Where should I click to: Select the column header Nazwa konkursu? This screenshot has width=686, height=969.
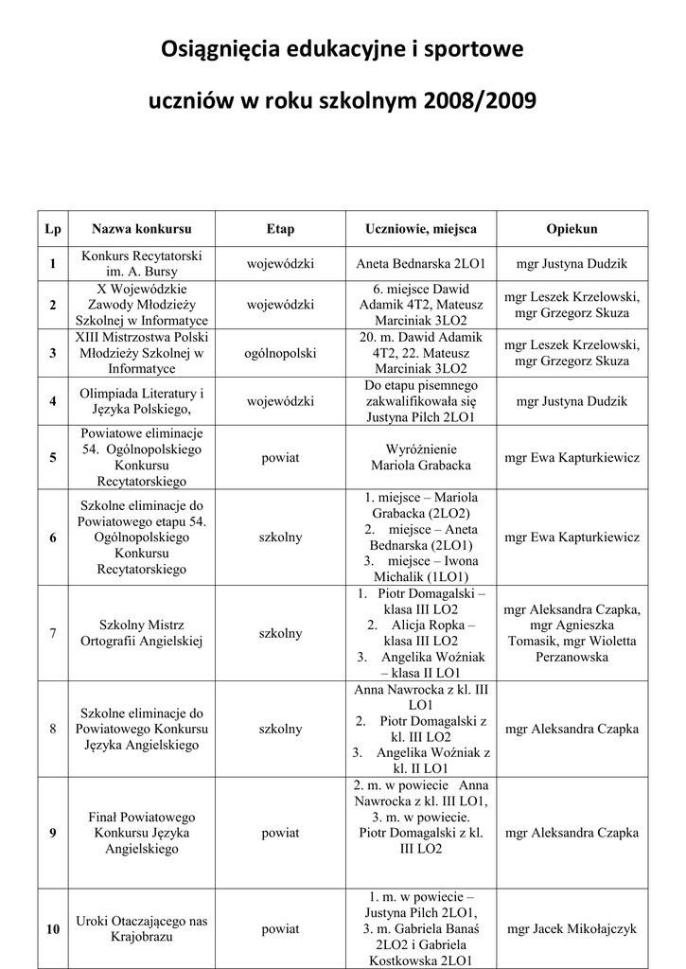point(142,229)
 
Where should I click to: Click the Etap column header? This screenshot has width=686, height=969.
point(280,229)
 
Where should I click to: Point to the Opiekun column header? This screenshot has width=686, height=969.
point(572,229)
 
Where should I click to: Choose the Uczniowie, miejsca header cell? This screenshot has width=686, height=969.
point(421,229)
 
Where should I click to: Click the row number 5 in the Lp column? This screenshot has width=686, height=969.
point(53,458)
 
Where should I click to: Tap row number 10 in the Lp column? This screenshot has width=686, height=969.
point(53,929)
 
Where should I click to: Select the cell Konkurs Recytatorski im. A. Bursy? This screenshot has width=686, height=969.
point(142,264)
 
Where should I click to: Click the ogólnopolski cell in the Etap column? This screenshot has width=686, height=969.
point(280,353)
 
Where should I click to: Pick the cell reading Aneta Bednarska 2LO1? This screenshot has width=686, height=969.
point(421,264)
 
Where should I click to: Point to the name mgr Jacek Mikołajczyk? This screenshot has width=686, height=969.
point(572,929)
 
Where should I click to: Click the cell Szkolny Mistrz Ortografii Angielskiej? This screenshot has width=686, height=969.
point(142,633)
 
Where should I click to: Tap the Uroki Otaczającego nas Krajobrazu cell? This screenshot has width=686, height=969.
point(142,928)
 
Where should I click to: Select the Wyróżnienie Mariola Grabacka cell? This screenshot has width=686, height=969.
point(421,457)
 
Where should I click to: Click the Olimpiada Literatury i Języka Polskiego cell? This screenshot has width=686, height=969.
point(142,401)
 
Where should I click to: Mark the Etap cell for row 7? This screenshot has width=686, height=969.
point(280,633)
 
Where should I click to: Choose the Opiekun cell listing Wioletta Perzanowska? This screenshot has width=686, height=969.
point(572,633)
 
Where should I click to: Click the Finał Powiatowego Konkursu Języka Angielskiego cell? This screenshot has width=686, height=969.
point(142,833)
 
